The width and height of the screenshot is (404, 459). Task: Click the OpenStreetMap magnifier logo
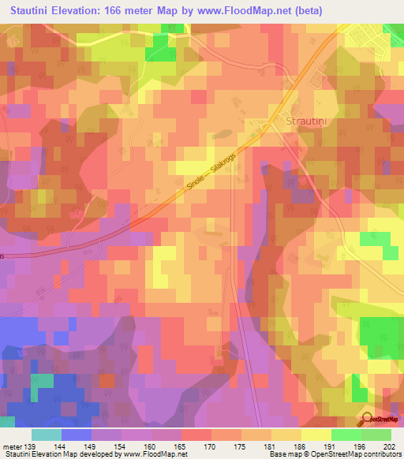[x=367, y=418]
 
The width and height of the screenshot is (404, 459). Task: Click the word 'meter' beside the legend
[x=11, y=446]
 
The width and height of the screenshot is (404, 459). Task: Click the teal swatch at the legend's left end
[x=47, y=435]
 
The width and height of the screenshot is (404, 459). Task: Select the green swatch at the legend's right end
[x=376, y=435]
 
